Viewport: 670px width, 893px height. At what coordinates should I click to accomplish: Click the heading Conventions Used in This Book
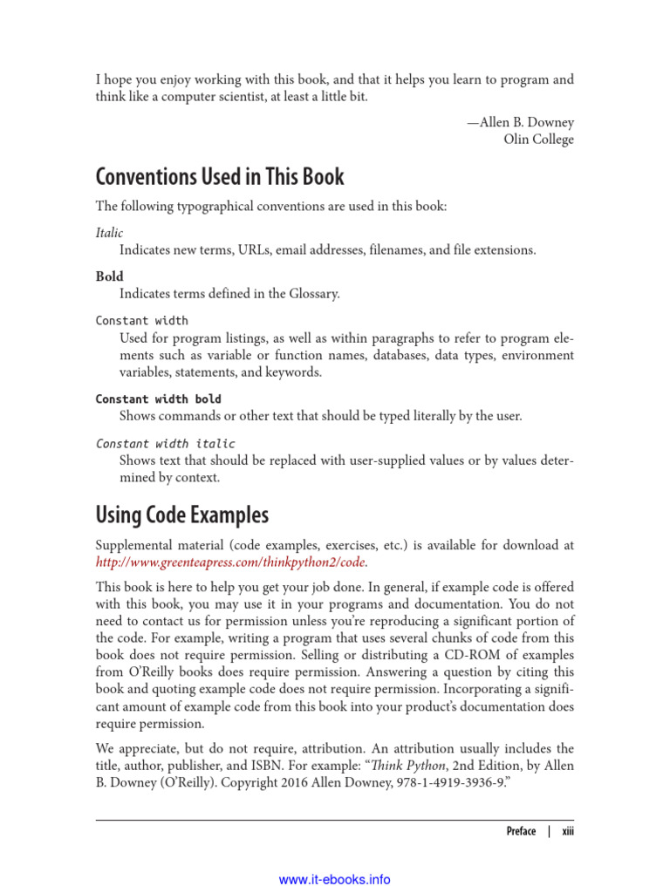pos(220,177)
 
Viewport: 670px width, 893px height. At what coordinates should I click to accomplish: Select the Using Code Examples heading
pos(181,515)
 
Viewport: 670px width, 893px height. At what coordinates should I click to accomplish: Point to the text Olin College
pos(538,140)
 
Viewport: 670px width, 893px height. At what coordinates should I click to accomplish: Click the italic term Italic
pos(109,233)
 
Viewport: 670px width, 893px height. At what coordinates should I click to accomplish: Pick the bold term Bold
pos(109,276)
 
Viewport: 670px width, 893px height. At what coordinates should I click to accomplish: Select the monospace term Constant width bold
pos(158,399)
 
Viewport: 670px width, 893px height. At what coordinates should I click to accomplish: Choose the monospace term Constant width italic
pos(165,443)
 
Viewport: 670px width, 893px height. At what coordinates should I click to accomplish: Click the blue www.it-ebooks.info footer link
pos(334,880)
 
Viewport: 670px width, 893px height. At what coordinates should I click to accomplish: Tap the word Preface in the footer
pos(521,831)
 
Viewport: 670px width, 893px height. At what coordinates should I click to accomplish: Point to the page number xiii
pos(567,831)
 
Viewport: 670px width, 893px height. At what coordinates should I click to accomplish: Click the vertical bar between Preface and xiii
pos(549,831)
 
